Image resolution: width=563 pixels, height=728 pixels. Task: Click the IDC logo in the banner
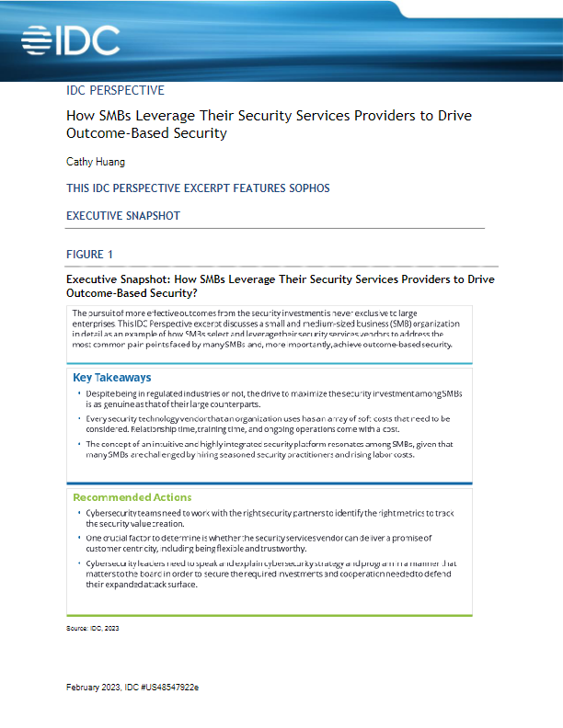tap(70, 40)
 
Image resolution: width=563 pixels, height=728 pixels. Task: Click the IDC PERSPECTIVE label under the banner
tap(116, 91)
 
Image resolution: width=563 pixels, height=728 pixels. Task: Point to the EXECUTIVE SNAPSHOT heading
tap(123, 216)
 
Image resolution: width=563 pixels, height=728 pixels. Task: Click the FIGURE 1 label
tap(90, 254)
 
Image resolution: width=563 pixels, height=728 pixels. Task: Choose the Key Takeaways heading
tap(112, 378)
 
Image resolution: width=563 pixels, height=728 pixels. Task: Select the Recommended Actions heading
tap(132, 497)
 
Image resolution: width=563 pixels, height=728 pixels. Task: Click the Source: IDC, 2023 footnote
tap(93, 629)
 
